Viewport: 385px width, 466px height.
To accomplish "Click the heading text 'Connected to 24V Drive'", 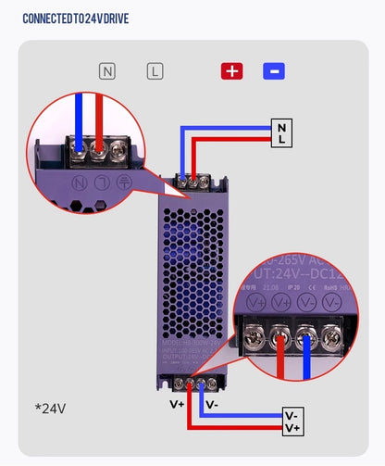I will [75, 19].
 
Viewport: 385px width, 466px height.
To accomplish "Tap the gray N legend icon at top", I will [108, 70].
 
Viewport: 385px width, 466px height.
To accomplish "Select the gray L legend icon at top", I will [155, 70].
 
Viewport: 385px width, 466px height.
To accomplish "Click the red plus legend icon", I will [231, 70].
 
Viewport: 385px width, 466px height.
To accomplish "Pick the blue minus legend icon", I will [274, 70].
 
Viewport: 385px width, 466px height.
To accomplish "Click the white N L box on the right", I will [281, 132].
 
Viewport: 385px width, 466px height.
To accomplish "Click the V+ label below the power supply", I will [176, 404].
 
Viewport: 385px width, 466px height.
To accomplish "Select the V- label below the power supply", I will [212, 404].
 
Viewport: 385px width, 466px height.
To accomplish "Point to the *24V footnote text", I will [50, 407].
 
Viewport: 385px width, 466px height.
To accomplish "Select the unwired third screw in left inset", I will [118, 146].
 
